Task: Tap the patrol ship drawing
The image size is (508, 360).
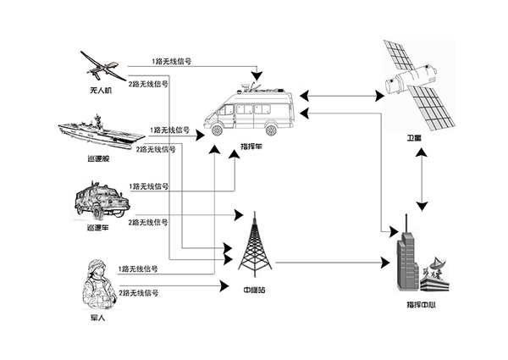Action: pos(102,132)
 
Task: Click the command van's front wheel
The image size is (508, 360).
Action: pos(217,130)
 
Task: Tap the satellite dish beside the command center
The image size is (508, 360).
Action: pos(436,263)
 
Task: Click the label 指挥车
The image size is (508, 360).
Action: pos(251,147)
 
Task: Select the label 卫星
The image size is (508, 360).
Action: pos(414,138)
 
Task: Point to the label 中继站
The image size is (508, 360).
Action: pos(254,290)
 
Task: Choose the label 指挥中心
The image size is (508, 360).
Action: pos(421,305)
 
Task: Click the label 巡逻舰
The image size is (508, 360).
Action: pos(98,158)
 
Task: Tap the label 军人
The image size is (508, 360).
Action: pos(97,318)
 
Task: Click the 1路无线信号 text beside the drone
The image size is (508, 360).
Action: pos(172,61)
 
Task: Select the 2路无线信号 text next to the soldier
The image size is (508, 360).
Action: pos(139,293)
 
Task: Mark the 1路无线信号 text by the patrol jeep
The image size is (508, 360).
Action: pos(149,186)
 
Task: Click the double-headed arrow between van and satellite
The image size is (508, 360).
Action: pos(342,96)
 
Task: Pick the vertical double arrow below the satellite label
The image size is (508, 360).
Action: pos(422,180)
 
